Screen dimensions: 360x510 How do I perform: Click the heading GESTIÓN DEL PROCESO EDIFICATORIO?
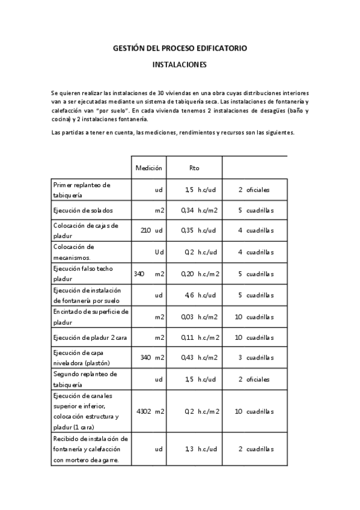(x=180, y=48)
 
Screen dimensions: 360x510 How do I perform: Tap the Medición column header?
(x=149, y=168)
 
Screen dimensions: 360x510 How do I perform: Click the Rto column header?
(x=194, y=168)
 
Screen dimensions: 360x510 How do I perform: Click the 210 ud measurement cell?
(x=151, y=230)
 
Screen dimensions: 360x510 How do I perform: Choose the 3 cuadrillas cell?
(x=255, y=358)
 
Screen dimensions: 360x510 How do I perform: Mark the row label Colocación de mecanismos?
(x=78, y=251)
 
